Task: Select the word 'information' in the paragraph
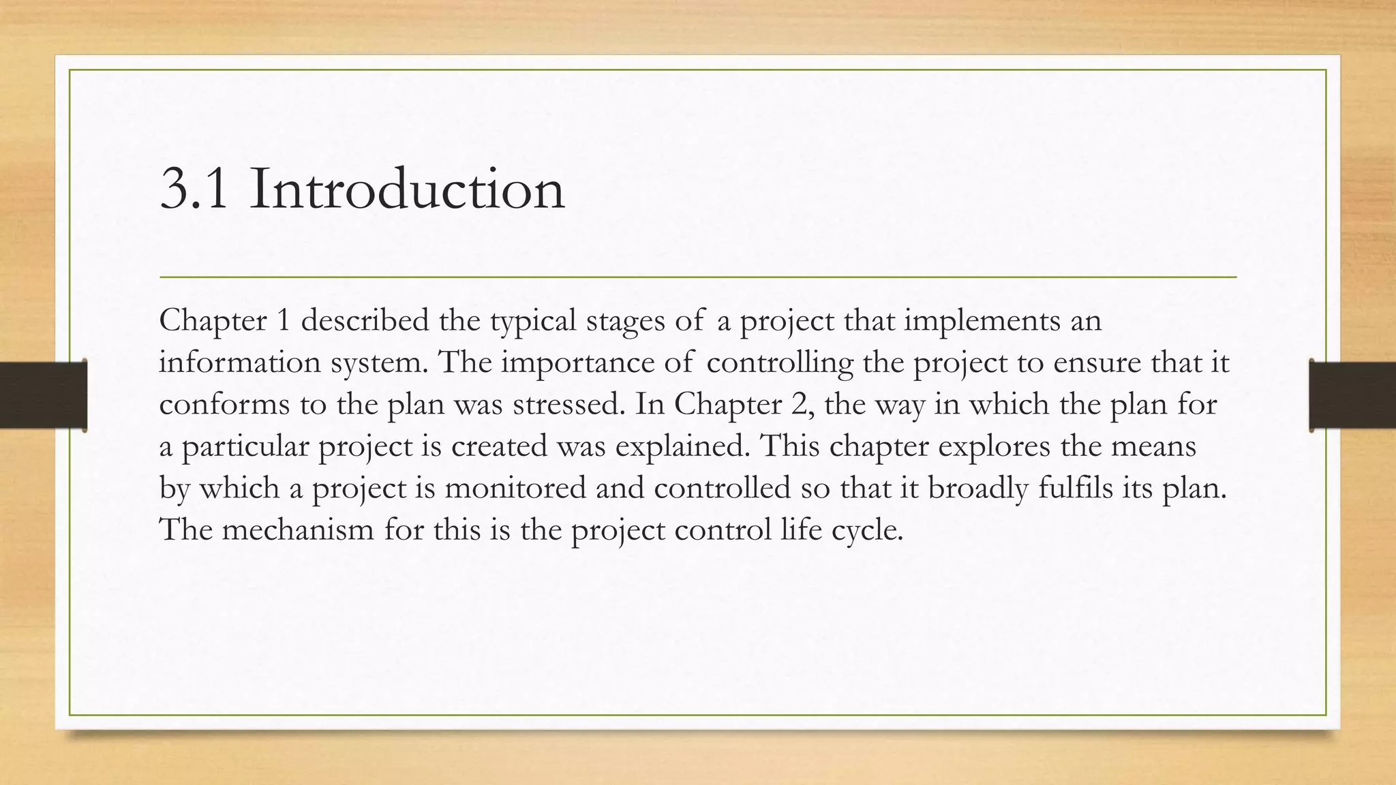pos(240,362)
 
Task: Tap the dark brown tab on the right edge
pos(1352,395)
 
